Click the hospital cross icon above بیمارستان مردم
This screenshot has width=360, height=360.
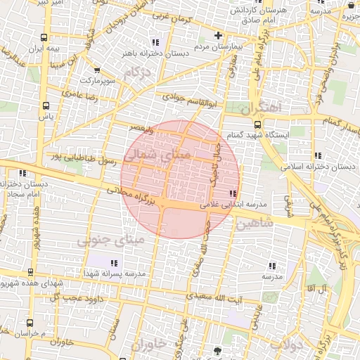coord(218,35)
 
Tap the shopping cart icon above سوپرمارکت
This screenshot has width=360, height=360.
coord(96,70)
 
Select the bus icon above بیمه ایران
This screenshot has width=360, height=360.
coord(44,37)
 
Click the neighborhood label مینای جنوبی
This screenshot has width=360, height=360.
coord(113,241)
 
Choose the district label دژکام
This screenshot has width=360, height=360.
coord(136,72)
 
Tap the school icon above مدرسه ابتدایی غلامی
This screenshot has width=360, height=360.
coord(233,193)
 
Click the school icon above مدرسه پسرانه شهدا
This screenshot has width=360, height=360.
coord(114,263)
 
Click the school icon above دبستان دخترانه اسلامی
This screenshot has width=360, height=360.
coord(318,155)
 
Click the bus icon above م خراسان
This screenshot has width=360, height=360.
coord(28,321)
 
